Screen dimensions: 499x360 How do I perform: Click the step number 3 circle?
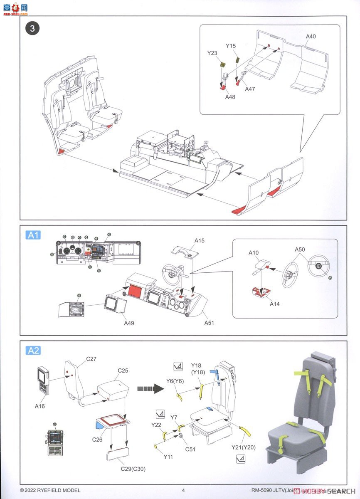[x=33, y=28]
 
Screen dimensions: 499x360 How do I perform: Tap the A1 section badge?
[x=33, y=235]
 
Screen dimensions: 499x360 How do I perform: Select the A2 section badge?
[x=33, y=351]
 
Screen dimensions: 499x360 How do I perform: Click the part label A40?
[x=311, y=37]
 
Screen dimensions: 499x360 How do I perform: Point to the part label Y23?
[x=212, y=53]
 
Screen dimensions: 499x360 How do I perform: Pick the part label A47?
[x=250, y=89]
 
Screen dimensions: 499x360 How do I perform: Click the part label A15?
[x=200, y=241]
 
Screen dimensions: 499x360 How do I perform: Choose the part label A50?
[x=300, y=249]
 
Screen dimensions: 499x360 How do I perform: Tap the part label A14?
[x=274, y=304]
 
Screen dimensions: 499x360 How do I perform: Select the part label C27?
[x=91, y=358]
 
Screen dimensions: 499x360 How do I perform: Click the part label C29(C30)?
[x=134, y=469]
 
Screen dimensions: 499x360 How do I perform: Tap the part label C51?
[x=190, y=449]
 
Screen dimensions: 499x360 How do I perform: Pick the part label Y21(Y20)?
[x=244, y=447]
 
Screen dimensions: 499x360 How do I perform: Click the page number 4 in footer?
[x=183, y=490]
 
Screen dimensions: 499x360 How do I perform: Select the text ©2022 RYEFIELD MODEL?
[x=50, y=490]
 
